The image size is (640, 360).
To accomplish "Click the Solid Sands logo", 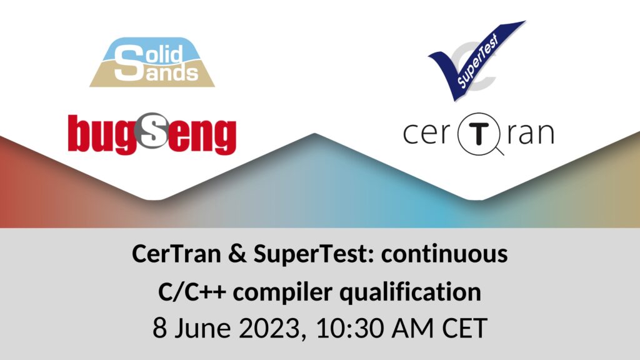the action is pos(152,62).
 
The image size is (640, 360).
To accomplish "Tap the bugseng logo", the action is pos(152,134).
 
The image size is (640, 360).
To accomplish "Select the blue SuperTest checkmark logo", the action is pos(477,61).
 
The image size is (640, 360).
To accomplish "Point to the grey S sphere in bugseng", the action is pos(152,130).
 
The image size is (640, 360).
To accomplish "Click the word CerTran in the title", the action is pos(176,254).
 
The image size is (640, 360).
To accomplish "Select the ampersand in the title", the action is pos(237,254).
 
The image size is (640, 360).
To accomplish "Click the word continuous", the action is pos(444,254).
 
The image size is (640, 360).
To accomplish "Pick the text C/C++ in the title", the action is pos(192,292).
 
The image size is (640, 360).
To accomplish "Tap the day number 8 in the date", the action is pos(159,327).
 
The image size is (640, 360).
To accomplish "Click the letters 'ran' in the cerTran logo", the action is pos(531,134).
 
